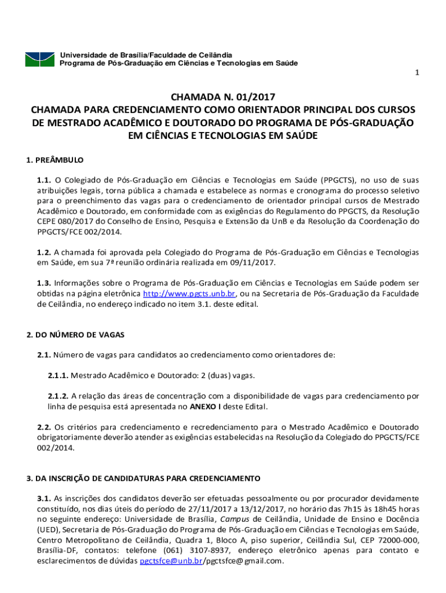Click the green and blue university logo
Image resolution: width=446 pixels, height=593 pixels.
click(x=40, y=58)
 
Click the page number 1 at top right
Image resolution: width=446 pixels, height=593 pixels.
click(x=416, y=73)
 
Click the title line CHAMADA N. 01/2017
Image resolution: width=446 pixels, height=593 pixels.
click(x=223, y=96)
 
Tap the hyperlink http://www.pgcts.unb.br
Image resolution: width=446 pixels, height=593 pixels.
click(x=189, y=294)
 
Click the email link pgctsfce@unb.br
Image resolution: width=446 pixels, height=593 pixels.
click(x=170, y=561)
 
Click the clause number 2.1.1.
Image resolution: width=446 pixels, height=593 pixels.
click(x=58, y=375)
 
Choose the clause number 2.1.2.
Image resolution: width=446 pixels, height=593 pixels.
click(x=58, y=396)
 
